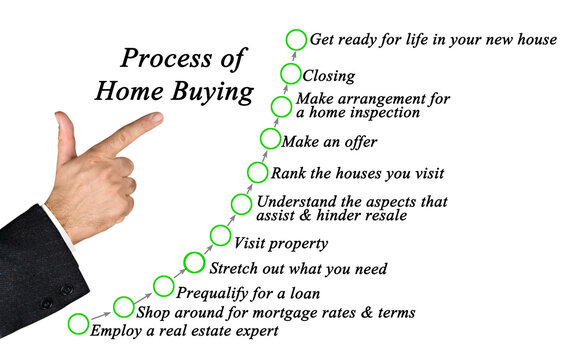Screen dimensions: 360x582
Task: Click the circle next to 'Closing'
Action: pyautogui.click(x=290, y=74)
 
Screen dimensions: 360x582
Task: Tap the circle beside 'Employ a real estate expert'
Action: pyautogui.click(x=78, y=323)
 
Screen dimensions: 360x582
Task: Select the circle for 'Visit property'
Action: pyautogui.click(x=220, y=236)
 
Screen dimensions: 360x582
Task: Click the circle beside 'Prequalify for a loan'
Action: pyautogui.click(x=164, y=287)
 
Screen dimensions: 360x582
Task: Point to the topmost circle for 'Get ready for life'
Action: pyautogui.click(x=295, y=40)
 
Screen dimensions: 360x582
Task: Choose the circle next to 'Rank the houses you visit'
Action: pyautogui.click(x=256, y=171)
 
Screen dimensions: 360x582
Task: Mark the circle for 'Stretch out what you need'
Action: pyautogui.click(x=194, y=263)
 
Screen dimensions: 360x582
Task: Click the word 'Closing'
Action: pyautogui.click(x=329, y=75)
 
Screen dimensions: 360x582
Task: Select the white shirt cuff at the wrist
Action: pyautogui.click(x=60, y=225)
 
